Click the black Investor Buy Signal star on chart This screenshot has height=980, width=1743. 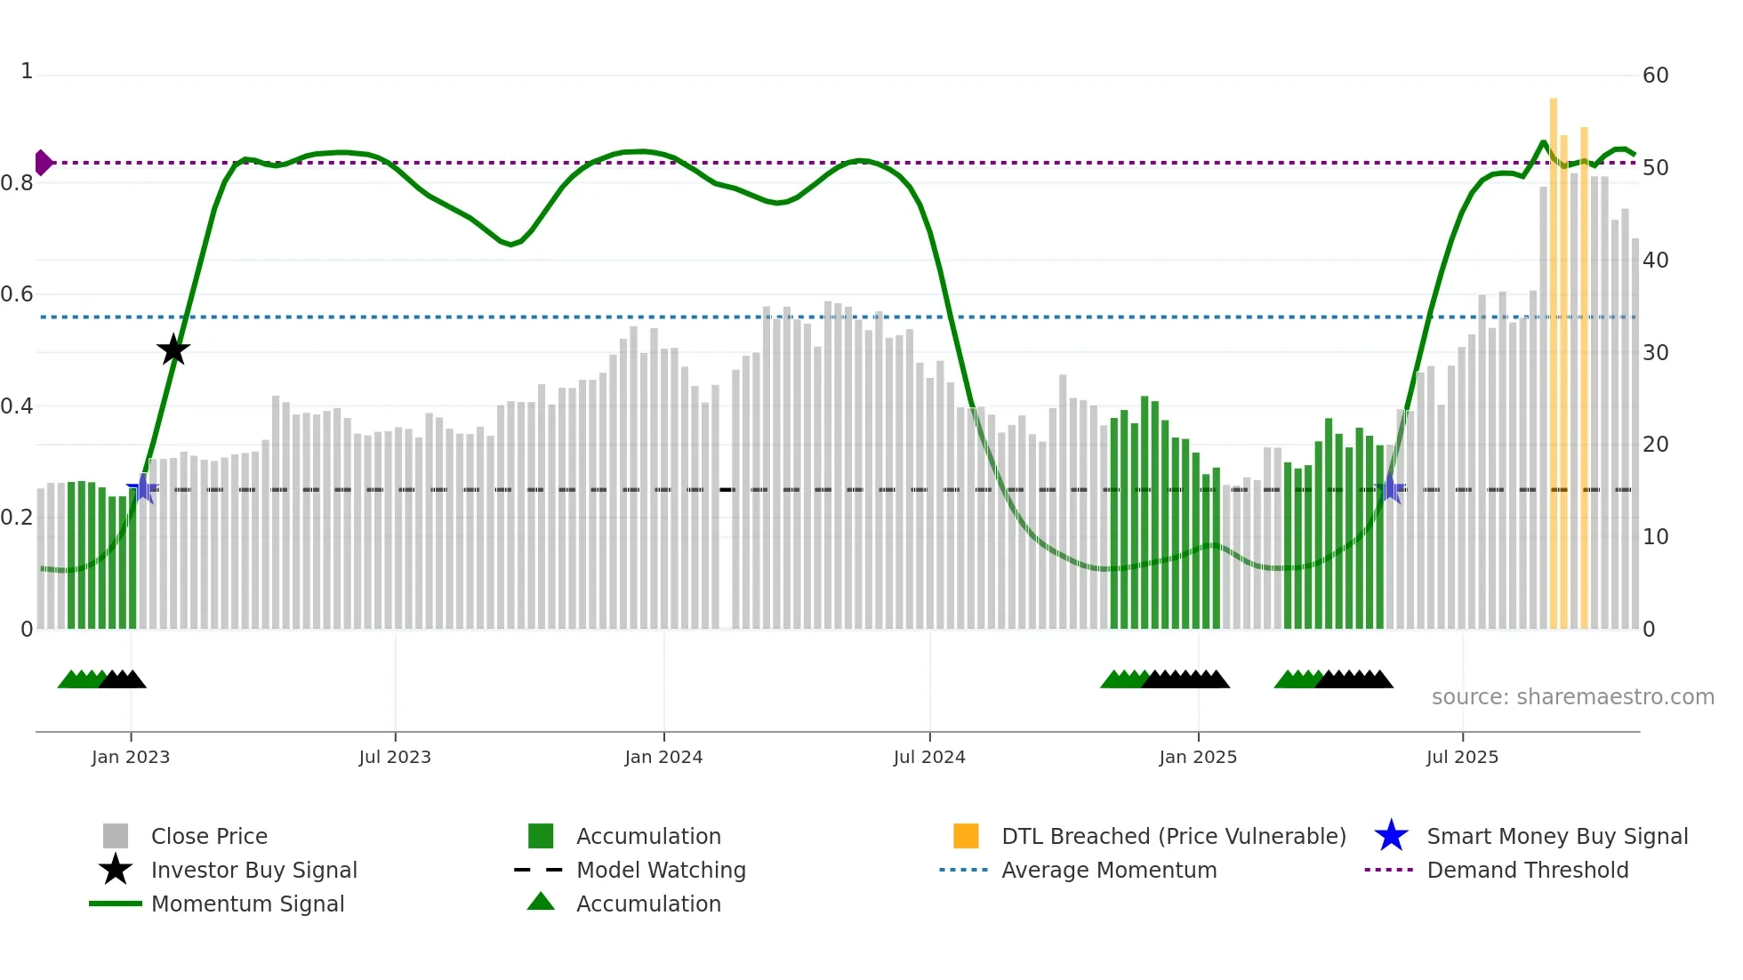pos(173,349)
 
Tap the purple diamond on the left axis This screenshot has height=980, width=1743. pos(43,163)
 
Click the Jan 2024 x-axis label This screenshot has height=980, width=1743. pos(663,757)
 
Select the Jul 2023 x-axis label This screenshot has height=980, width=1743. pos(395,757)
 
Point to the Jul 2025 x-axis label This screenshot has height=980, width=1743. pos(1462,757)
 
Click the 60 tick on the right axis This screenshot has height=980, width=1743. pos(1655,76)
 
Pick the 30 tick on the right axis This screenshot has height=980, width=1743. pos(1655,352)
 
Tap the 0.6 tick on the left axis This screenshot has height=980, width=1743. pos(18,294)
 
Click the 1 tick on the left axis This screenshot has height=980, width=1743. pos(27,71)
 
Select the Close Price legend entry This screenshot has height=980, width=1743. pos(209,836)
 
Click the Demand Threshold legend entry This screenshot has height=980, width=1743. pos(1527,870)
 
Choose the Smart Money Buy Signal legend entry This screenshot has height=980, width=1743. pos(1556,836)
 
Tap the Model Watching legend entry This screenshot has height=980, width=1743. pos(660,870)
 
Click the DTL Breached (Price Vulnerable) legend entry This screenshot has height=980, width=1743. pos(1173,836)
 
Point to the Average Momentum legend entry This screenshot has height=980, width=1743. pos(1108,870)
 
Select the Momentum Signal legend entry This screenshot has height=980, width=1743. pos(247,904)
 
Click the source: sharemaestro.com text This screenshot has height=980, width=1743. pos(1572,696)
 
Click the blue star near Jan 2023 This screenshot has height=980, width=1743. pos(142,488)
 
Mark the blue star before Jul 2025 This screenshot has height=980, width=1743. pos(1391,488)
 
